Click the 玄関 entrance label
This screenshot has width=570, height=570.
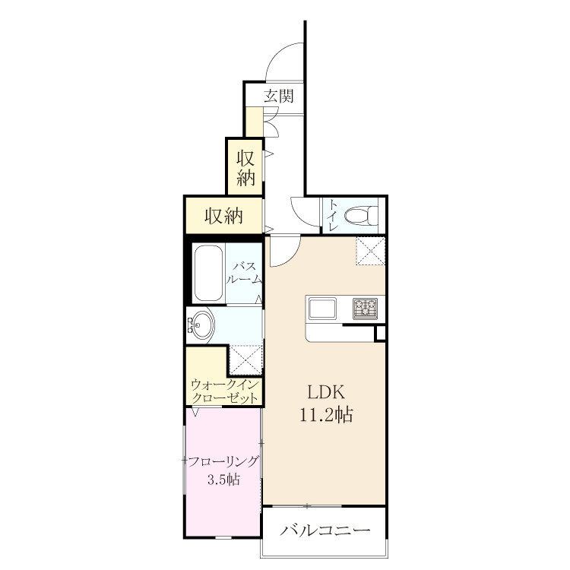pyautogui.click(x=278, y=96)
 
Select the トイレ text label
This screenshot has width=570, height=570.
pyautogui.click(x=333, y=216)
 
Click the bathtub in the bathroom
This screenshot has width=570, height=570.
pyautogui.click(x=208, y=273)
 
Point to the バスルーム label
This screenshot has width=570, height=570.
pyautogui.click(x=244, y=272)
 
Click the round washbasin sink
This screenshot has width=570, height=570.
pyautogui.click(x=201, y=325)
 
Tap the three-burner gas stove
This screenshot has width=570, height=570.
pyautogui.click(x=365, y=309)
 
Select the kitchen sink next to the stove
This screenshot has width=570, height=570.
pyautogui.click(x=322, y=309)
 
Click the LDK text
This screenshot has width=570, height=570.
pyautogui.click(x=326, y=392)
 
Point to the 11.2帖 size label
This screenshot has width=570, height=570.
pyautogui.click(x=326, y=414)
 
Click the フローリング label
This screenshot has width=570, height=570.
pyautogui.click(x=223, y=461)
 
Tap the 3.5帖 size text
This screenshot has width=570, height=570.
pyautogui.click(x=223, y=480)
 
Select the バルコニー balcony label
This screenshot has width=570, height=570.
pyautogui.click(x=325, y=530)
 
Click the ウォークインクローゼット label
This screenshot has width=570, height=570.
pyautogui.click(x=225, y=391)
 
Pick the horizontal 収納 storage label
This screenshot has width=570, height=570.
pyautogui.click(x=223, y=217)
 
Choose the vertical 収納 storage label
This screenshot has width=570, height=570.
pyautogui.click(x=245, y=168)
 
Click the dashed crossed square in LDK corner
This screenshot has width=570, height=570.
pyautogui.click(x=370, y=251)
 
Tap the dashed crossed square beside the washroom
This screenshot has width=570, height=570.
pyautogui.click(x=246, y=359)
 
